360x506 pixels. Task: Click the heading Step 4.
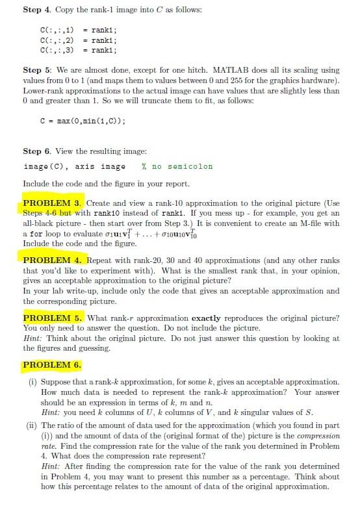[38, 11]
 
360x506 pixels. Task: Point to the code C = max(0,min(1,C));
[83, 121]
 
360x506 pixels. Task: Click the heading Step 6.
[38, 151]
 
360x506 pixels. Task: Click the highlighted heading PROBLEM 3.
[53, 203]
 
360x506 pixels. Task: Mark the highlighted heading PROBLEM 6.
[53, 364]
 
